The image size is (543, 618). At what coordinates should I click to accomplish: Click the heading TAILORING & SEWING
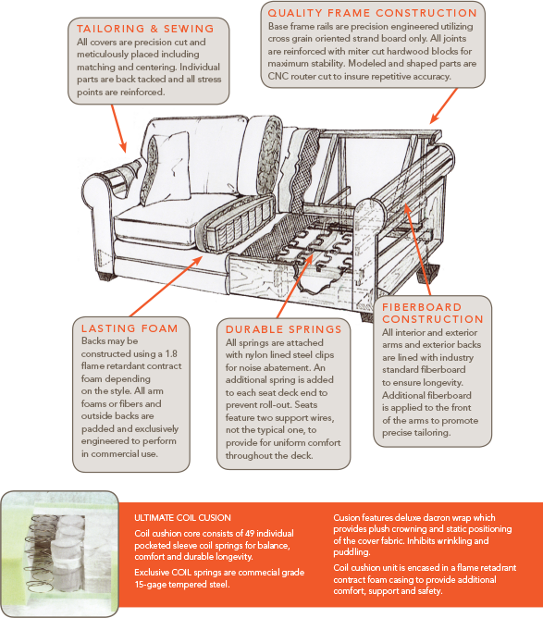point(145,29)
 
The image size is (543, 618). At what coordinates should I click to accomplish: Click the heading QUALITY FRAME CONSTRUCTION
point(372,13)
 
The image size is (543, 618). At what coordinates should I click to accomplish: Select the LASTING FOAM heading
point(129,328)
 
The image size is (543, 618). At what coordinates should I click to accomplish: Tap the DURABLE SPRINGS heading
point(284,328)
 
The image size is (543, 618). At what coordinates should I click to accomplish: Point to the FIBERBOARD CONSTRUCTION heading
point(433,313)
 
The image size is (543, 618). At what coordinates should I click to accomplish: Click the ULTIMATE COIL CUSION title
point(182,517)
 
